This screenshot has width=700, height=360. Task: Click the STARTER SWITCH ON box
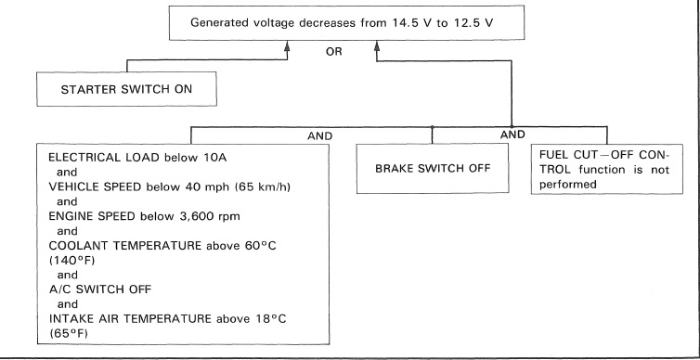(x=127, y=89)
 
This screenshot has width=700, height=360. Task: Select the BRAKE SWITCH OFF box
(x=433, y=169)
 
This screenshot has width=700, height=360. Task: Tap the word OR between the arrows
(x=334, y=52)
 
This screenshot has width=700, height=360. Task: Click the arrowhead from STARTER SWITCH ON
(x=287, y=45)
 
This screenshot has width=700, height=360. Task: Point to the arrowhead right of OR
(x=377, y=45)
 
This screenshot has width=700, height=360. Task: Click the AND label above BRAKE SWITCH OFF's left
(x=320, y=136)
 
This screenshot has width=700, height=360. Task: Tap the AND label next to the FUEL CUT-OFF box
(x=512, y=135)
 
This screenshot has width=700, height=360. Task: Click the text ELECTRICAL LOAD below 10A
(x=137, y=158)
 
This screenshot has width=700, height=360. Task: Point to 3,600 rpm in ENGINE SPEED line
(x=214, y=217)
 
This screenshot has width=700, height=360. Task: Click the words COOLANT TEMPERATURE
(x=125, y=246)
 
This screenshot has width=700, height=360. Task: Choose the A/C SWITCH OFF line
(x=100, y=289)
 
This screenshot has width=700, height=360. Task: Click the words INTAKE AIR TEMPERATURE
(x=130, y=319)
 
